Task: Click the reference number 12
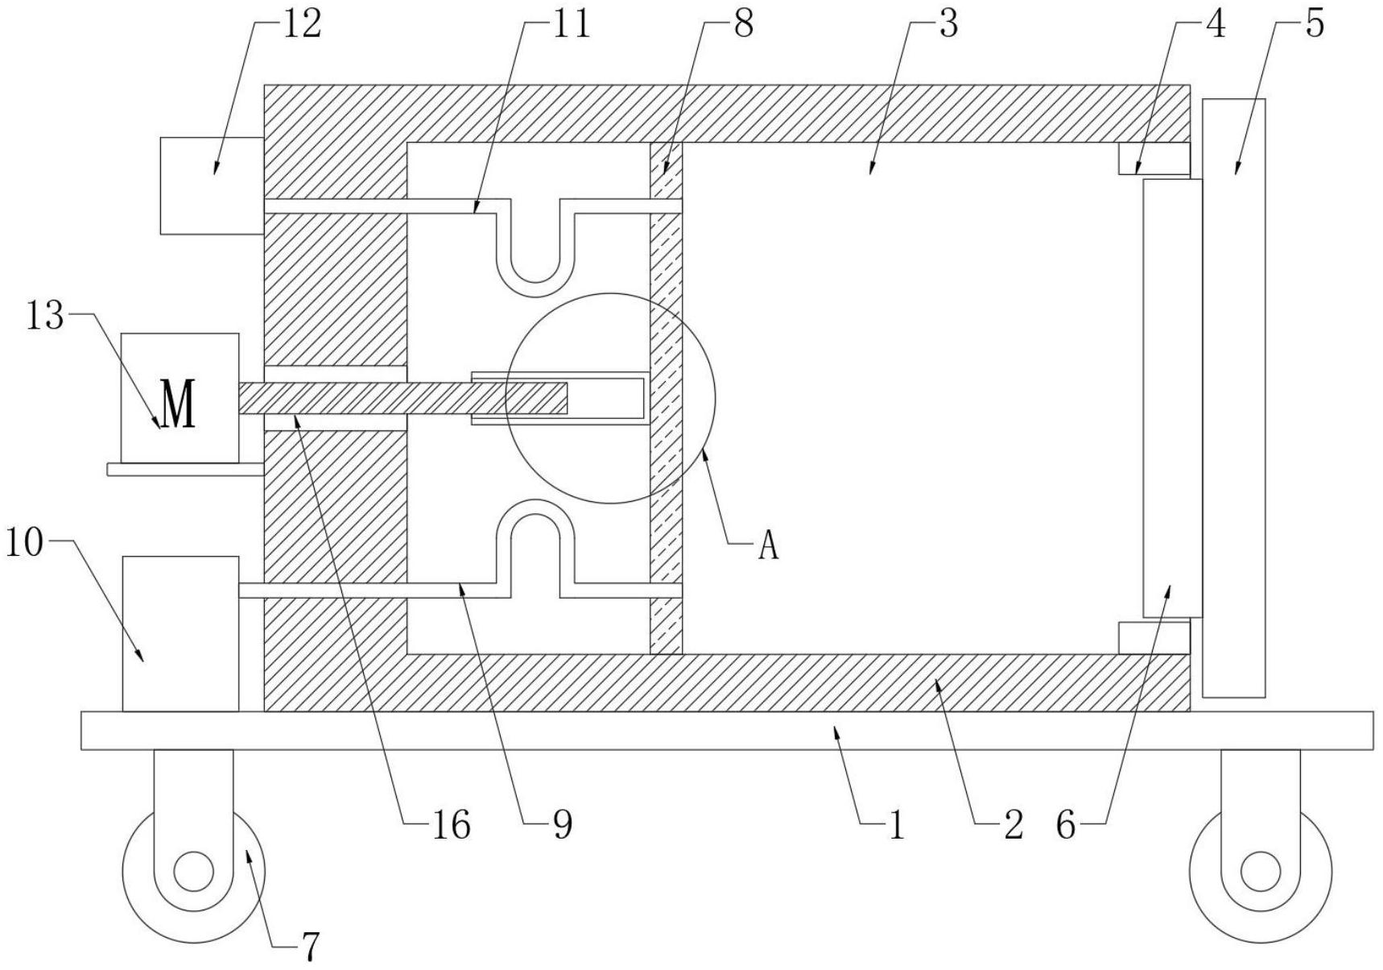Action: [x=302, y=23]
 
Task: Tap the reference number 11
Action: [x=570, y=23]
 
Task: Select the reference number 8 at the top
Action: [x=743, y=23]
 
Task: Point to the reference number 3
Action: [x=949, y=23]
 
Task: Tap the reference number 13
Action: [x=44, y=316]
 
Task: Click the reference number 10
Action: [x=24, y=543]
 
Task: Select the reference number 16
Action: [x=451, y=825]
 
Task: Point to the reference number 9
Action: [x=562, y=825]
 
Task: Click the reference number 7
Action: [x=311, y=946]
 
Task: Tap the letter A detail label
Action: [x=769, y=546]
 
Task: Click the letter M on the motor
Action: [x=178, y=404]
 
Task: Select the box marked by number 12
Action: [x=212, y=185]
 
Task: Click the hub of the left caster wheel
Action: [x=193, y=872]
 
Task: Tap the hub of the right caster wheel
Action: [x=1260, y=872]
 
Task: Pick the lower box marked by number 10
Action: [x=180, y=633]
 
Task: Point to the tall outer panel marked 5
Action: [x=1233, y=398]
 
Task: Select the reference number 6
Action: [x=1066, y=825]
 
